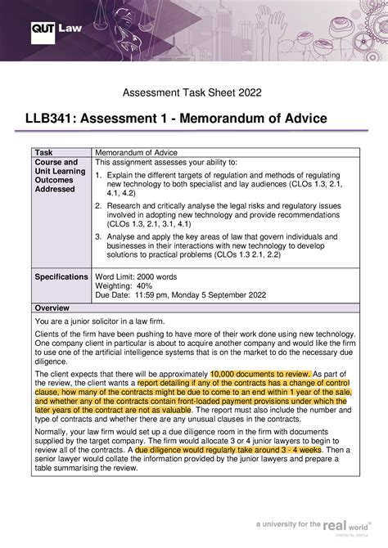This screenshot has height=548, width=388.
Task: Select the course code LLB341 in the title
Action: pos(56,120)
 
